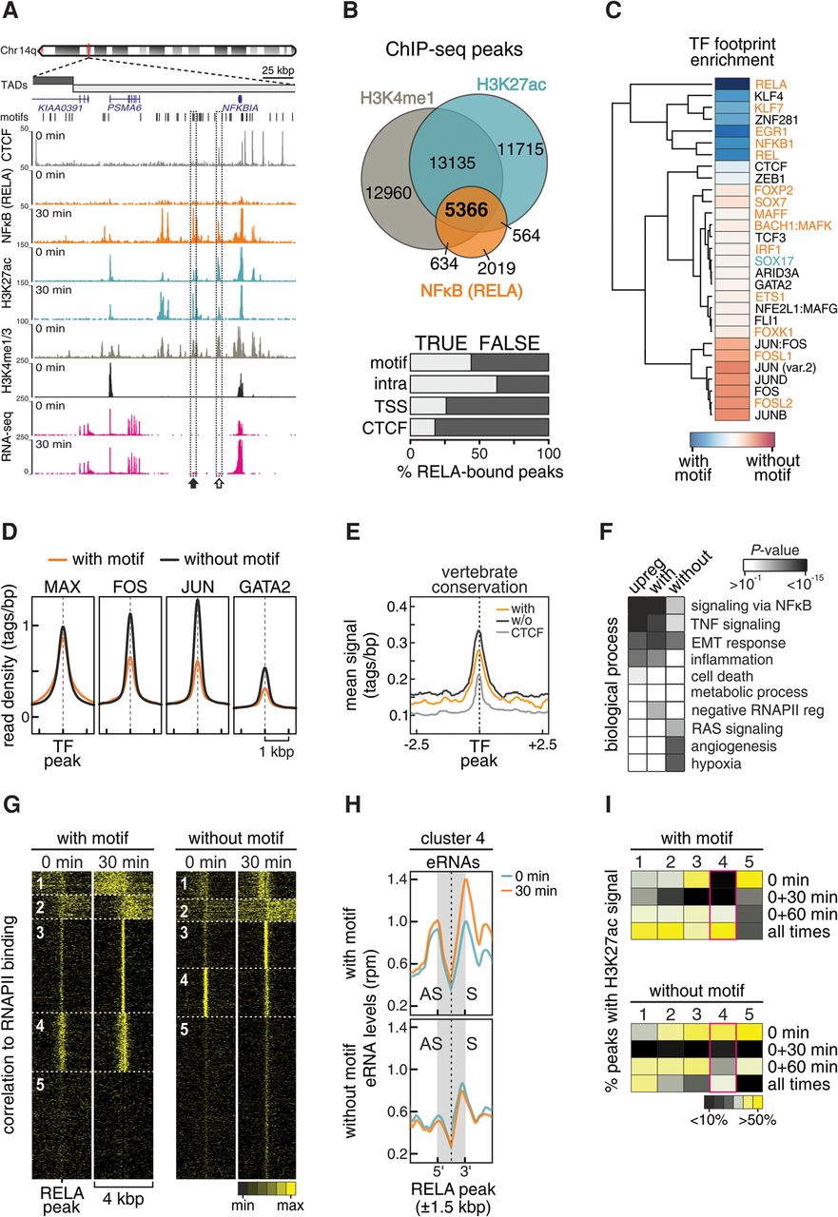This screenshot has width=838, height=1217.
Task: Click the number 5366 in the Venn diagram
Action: click(x=466, y=210)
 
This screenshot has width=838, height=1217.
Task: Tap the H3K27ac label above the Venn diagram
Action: click(x=511, y=85)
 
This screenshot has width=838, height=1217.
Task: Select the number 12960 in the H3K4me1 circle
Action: click(x=388, y=192)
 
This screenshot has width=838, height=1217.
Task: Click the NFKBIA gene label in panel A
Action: click(x=241, y=108)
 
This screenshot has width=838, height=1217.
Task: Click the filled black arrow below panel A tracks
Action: click(x=193, y=482)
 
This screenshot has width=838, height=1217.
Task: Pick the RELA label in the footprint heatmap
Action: click(x=770, y=85)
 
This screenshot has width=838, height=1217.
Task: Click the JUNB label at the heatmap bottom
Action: click(x=770, y=415)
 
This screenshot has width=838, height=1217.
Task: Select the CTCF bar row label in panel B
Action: click(x=384, y=428)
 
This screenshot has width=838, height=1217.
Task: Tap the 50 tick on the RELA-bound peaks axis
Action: click(x=479, y=454)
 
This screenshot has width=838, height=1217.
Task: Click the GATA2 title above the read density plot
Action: click(x=264, y=587)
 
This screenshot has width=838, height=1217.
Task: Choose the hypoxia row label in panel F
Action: click(x=715, y=763)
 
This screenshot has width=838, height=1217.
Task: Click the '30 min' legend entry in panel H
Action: click(x=536, y=891)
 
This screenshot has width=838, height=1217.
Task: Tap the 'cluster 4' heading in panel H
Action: click(x=453, y=838)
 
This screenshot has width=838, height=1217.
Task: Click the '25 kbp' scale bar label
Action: click(x=278, y=70)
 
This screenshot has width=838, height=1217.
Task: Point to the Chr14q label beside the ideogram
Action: click(x=18, y=50)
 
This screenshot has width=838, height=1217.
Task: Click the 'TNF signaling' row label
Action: click(x=735, y=625)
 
